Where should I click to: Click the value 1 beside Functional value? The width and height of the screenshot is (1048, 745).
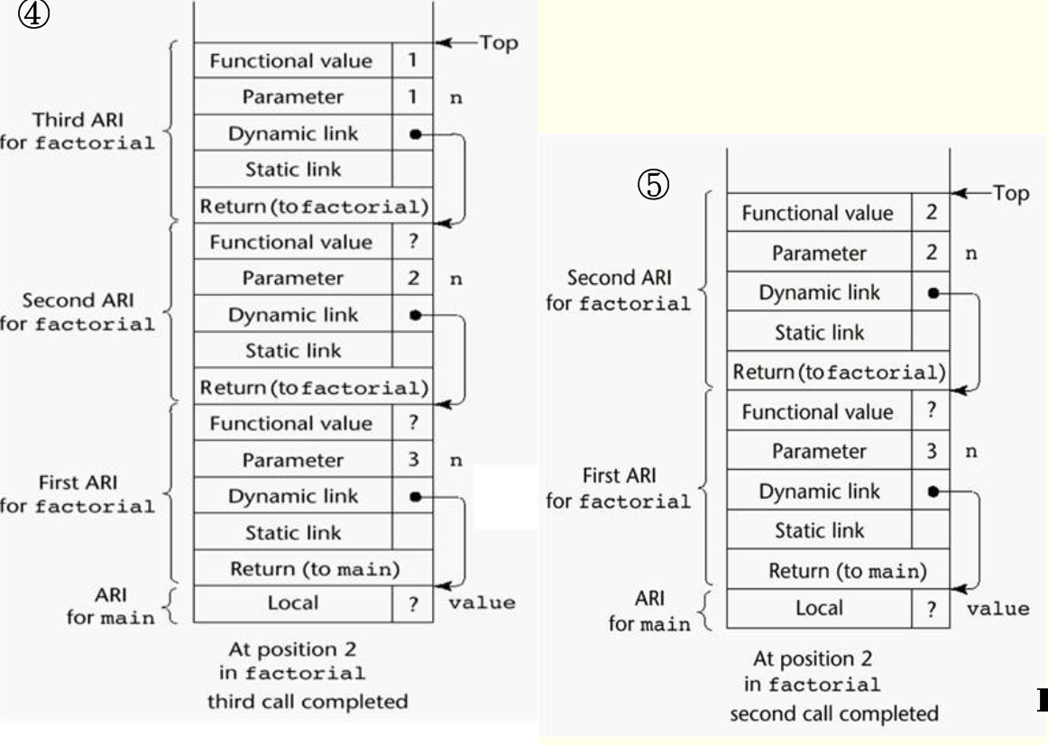click(412, 60)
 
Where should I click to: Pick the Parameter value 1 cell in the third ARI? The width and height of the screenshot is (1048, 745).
click(412, 97)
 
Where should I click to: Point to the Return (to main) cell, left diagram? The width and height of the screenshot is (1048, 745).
click(314, 568)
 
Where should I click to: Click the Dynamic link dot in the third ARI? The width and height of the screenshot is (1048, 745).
click(414, 133)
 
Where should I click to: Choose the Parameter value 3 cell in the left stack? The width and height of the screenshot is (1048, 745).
click(412, 460)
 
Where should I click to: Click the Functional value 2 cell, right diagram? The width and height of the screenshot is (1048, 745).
click(931, 213)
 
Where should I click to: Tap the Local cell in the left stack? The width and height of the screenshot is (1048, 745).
click(293, 603)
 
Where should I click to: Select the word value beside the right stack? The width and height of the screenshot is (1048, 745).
click(997, 608)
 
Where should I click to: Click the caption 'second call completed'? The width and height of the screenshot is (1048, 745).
click(833, 713)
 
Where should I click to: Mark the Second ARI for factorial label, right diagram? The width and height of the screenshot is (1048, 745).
click(619, 290)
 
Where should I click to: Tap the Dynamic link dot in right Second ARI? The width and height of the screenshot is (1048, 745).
click(933, 292)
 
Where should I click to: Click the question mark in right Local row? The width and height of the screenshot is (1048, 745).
click(931, 609)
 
